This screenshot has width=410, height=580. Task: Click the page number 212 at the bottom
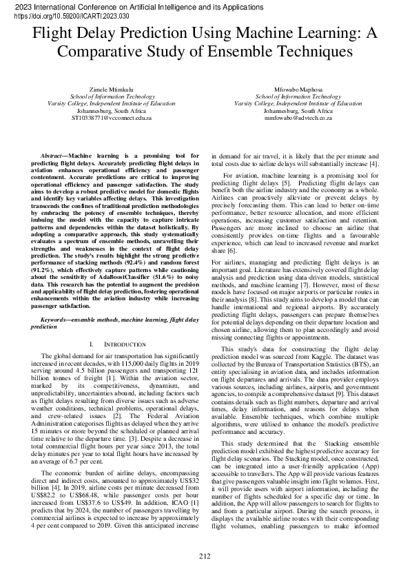205,556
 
